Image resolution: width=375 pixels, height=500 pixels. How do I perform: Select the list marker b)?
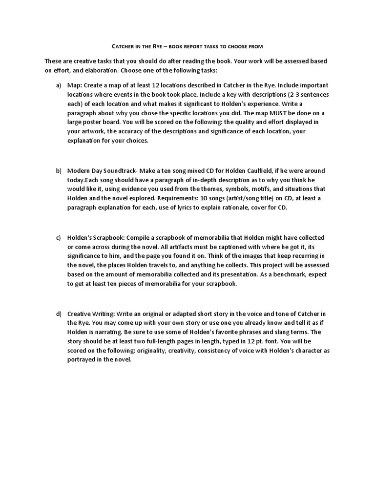[59, 171]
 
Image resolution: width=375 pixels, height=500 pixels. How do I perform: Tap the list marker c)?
[59, 238]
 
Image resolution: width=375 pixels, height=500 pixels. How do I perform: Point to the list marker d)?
[59, 313]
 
